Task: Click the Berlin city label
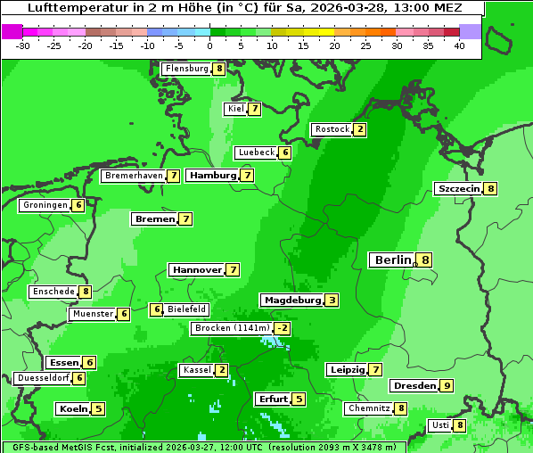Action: tap(391, 259)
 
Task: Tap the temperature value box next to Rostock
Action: tap(359, 129)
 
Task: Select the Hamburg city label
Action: tap(212, 176)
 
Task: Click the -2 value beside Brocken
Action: tap(283, 328)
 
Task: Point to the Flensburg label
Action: tap(186, 69)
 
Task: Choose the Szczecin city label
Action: tap(458, 189)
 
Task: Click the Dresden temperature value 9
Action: tap(447, 386)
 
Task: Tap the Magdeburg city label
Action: tap(291, 301)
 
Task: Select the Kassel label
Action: tap(195, 370)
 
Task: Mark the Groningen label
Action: tap(45, 205)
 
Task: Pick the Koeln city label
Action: tap(72, 409)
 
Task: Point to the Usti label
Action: tap(439, 425)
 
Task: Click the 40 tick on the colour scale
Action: tap(459, 45)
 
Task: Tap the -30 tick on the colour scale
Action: tap(23, 45)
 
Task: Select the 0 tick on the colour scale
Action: tap(209, 45)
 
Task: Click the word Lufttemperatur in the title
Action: tap(78, 8)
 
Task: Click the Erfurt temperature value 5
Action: tap(299, 399)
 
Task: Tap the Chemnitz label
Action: tap(368, 408)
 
